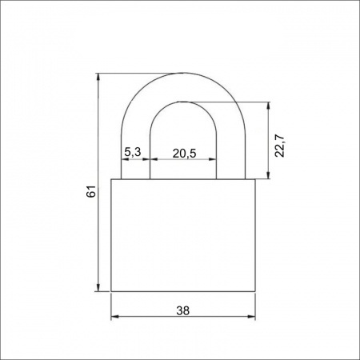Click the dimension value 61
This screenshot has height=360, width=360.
pyautogui.click(x=90, y=191)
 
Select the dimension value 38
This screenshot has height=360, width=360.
pyautogui.click(x=183, y=310)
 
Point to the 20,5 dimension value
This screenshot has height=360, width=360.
pyautogui.click(x=184, y=154)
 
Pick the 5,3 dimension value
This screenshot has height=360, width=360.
pyautogui.click(x=133, y=152)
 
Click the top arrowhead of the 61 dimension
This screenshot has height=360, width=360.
pyautogui.click(x=98, y=77)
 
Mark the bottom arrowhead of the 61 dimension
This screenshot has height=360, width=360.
pyautogui.click(x=98, y=287)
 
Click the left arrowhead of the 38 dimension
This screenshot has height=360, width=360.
pyautogui.click(x=115, y=317)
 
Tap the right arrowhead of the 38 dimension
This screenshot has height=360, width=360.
pyautogui.click(x=251, y=317)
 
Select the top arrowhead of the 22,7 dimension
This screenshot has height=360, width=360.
pyautogui.click(x=268, y=106)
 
